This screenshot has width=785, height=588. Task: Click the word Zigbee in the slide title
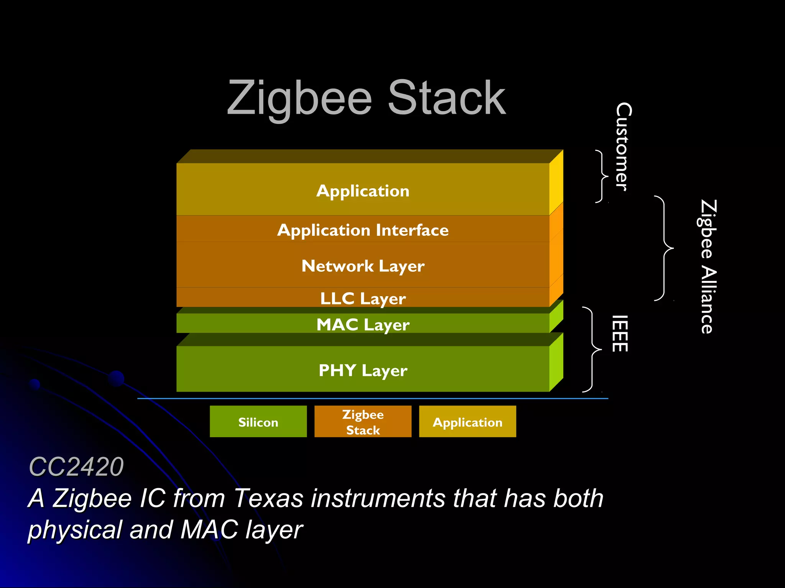coord(299,99)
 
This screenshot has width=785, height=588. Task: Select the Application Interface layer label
coord(363,230)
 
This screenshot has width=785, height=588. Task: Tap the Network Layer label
coord(363,266)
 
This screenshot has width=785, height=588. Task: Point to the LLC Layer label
coord(363,299)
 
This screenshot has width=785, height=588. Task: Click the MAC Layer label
coord(363,325)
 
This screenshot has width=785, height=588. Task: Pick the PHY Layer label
coord(363,370)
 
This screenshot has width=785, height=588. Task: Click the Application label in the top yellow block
coord(363,191)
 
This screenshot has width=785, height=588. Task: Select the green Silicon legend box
coord(258,421)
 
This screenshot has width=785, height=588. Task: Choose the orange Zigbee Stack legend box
coord(363,421)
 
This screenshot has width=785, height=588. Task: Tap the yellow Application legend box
coord(467,421)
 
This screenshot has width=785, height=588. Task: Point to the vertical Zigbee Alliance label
coord(708,266)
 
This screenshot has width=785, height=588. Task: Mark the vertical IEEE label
coord(620,333)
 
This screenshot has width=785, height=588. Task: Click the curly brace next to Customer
coord(602,176)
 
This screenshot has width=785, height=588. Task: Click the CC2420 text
coord(76,467)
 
